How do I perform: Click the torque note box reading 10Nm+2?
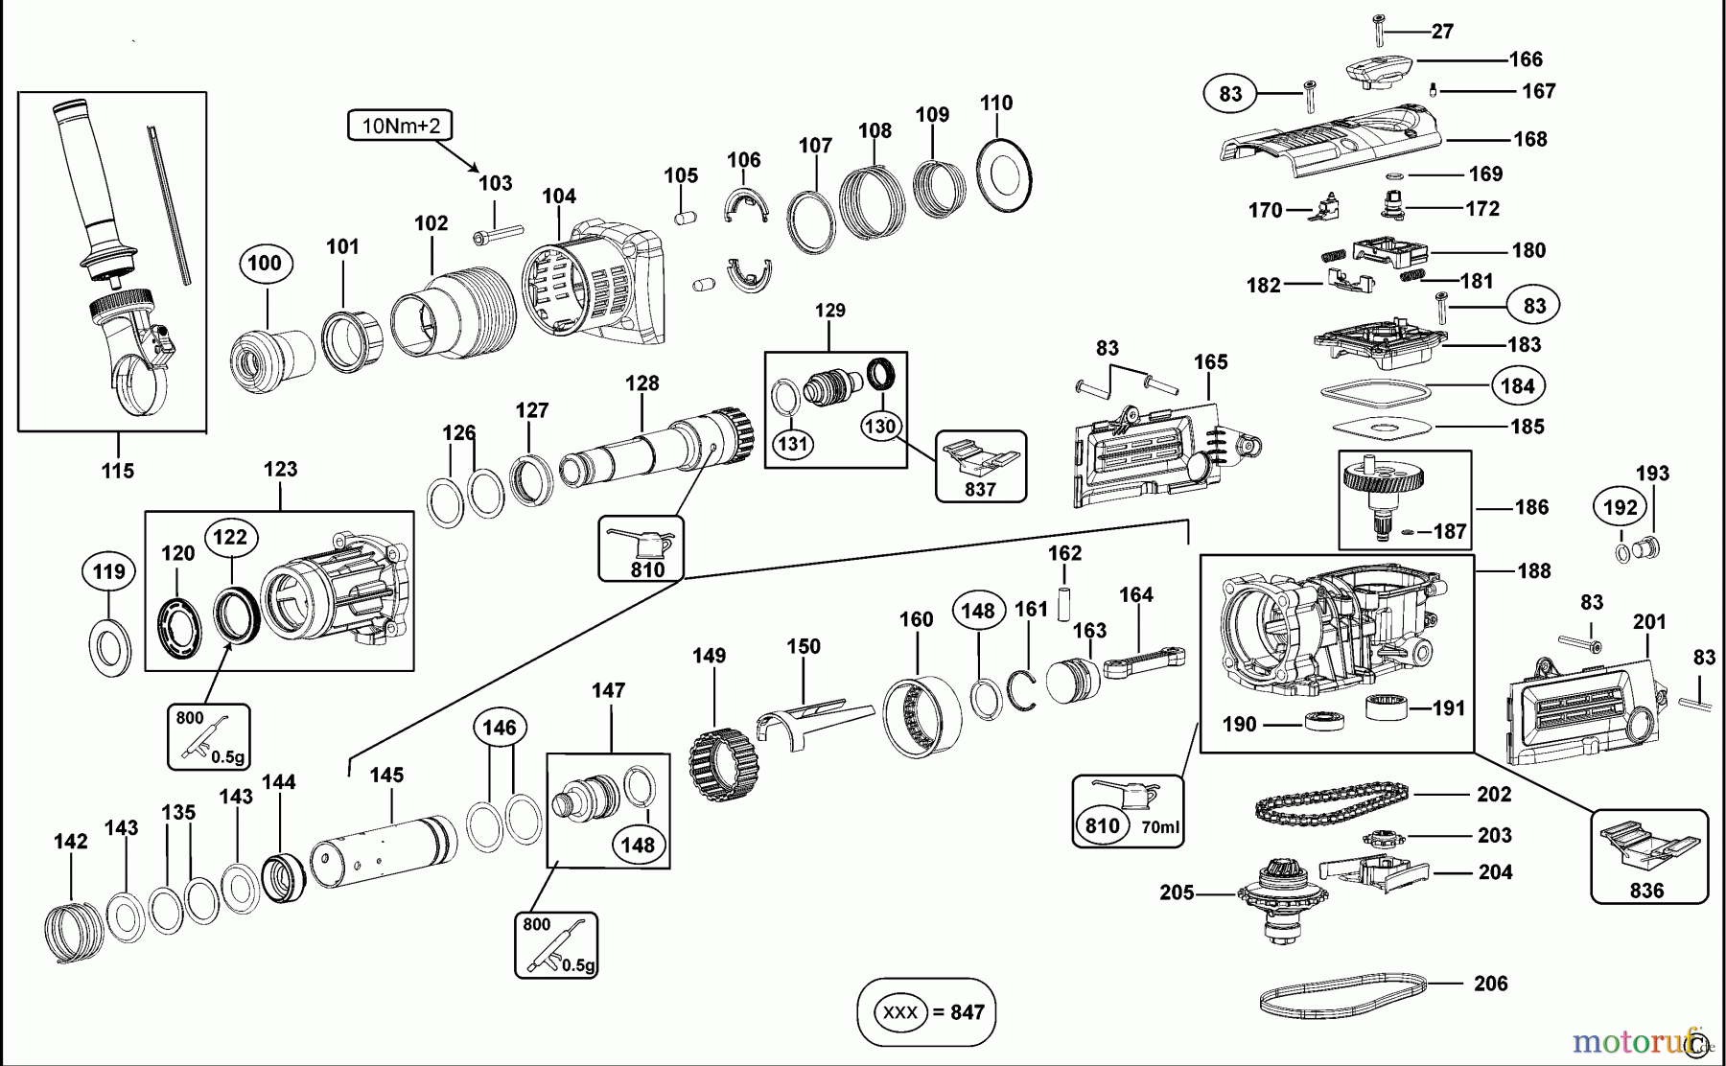point(400,126)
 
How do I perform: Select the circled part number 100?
point(265,263)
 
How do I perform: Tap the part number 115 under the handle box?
point(117,471)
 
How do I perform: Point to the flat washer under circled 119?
point(109,647)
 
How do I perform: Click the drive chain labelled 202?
point(1331,802)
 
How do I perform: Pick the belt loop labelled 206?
point(1342,997)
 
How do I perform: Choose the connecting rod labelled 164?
point(1144,662)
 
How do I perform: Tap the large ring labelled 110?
point(1004,175)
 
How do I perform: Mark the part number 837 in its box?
point(980,489)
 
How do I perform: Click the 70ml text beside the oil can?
point(1160,826)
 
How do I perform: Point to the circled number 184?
point(1517,386)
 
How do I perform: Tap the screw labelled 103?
point(497,234)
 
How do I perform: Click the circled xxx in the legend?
point(899,1012)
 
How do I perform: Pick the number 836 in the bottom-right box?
point(1646,891)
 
